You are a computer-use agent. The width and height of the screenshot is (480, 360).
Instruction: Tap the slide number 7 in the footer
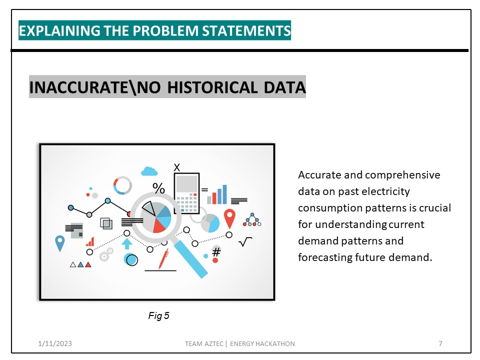tap(440, 343)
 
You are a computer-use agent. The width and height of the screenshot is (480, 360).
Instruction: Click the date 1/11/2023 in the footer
tap(54, 343)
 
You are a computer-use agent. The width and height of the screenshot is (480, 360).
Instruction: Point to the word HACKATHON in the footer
tap(276, 343)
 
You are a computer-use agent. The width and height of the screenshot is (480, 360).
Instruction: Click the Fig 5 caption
tap(159, 315)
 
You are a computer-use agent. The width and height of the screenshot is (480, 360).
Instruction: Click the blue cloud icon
tap(149, 171)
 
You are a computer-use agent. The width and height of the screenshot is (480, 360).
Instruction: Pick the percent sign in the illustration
tap(158, 188)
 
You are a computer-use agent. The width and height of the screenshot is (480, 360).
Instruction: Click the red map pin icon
tap(229, 218)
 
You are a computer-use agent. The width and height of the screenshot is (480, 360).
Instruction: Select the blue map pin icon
tap(60, 243)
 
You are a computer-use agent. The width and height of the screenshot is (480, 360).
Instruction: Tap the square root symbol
tap(245, 243)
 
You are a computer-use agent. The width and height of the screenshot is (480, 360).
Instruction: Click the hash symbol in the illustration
tap(216, 252)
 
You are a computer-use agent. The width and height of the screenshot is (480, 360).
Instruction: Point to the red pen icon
tap(163, 259)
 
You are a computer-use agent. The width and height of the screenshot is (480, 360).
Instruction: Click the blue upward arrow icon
tap(127, 243)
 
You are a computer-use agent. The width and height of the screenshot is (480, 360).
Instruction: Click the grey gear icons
tap(105, 256)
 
